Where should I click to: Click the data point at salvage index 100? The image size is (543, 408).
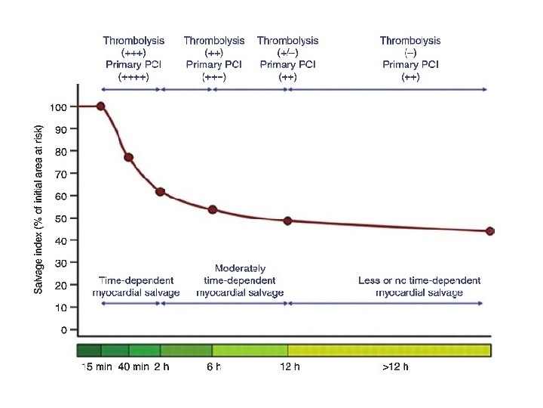coord(100,107)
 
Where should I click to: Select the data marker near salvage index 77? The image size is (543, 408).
coord(128,157)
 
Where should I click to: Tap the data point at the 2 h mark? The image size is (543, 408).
coord(160,192)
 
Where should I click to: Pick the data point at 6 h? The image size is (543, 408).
coord(213,209)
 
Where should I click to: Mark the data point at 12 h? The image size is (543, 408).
coord(287,221)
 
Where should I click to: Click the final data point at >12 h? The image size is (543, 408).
coord(490,231)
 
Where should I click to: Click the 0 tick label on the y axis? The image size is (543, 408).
coord(63,330)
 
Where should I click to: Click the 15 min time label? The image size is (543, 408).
coord(95,368)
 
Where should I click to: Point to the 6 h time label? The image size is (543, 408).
coord(213,368)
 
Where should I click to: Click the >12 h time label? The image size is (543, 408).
coord(394,368)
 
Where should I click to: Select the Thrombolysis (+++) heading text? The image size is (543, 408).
coord(134,47)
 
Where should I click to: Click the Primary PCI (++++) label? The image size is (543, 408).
coord(134,71)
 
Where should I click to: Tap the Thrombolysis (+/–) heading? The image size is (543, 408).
coord(287,47)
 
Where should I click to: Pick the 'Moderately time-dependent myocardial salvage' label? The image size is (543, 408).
coord(240,280)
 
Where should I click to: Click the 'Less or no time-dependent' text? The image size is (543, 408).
coord(419,280)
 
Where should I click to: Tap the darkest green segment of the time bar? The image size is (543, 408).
coord(89,351)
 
